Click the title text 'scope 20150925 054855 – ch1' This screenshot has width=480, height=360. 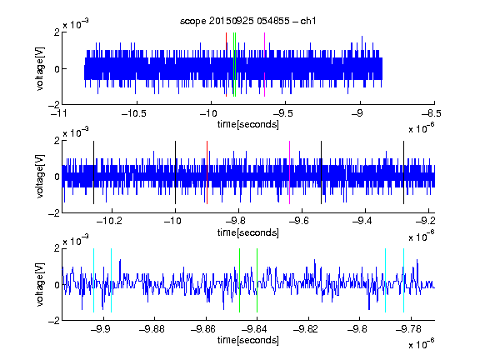point(248,21)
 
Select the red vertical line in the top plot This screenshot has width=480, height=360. point(226,65)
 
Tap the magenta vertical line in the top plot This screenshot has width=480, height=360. point(264,65)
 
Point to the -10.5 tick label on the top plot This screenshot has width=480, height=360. point(134,114)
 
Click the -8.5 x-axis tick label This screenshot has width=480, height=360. point(432,114)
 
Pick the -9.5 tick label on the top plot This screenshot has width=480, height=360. point(282,114)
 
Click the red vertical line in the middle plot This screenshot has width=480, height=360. point(207,172)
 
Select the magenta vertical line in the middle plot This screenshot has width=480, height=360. point(290,172)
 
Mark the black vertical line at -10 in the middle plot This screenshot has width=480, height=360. point(175,172)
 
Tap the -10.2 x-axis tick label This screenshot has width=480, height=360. point(109,221)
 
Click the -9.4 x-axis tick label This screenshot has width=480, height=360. point(362,221)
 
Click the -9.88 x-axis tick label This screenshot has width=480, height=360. point(152,329)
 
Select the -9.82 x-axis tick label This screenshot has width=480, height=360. point(306,329)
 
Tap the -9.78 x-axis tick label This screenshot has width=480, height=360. point(408,329)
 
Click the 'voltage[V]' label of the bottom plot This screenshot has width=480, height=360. point(40,284)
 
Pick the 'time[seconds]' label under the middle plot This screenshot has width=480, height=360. point(248,232)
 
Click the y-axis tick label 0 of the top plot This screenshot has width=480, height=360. point(57,69)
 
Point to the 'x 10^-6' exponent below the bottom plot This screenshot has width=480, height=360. point(421,344)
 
